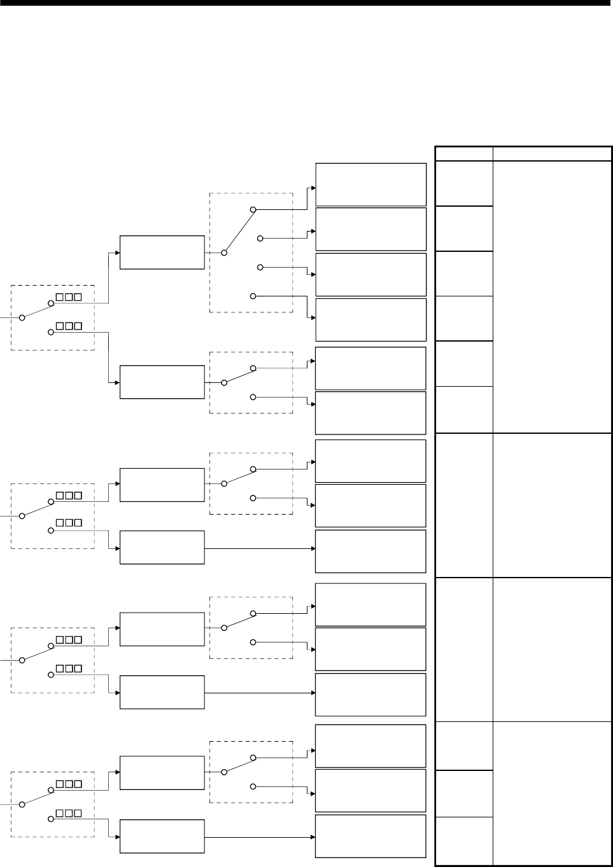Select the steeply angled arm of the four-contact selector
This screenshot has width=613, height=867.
point(238,231)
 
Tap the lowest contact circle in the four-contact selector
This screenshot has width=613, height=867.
point(253,296)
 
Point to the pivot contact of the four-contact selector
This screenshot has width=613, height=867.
point(223,253)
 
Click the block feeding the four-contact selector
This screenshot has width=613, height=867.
point(162,252)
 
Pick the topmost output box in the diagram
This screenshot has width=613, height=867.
point(370,184)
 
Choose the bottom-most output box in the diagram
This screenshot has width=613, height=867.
point(370,836)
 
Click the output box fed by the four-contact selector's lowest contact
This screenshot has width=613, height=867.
point(370,319)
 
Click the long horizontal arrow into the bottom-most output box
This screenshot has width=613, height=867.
point(261,836)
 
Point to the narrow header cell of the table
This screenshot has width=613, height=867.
point(464,153)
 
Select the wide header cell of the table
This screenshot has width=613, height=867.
point(552,153)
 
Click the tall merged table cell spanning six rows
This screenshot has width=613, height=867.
point(552,296)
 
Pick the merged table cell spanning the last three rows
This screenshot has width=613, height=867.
point(552,793)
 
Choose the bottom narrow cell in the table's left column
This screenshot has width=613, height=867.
point(464,841)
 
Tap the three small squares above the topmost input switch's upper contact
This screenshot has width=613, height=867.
point(69,297)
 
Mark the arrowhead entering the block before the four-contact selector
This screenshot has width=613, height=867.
point(118,253)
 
